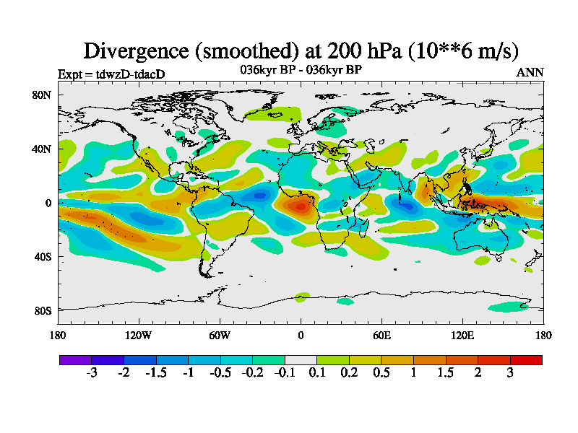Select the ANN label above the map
530,72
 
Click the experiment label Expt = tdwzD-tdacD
111,74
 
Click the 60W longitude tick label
220,335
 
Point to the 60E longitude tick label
381,335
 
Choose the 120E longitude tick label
462,335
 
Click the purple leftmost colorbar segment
75,359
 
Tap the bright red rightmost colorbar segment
526,359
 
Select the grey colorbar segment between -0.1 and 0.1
301,359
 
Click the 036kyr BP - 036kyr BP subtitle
301,70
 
